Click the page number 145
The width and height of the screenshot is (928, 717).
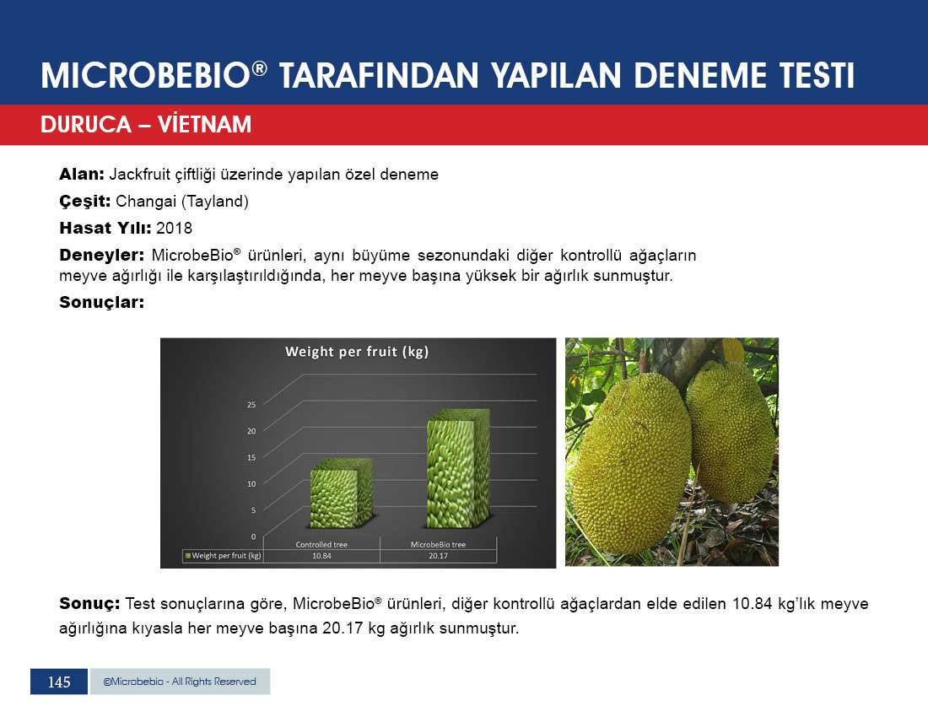tap(59, 682)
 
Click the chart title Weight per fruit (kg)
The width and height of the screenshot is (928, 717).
tap(357, 352)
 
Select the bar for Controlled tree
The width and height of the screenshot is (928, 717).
tap(341, 493)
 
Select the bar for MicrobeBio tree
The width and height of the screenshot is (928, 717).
tap(458, 468)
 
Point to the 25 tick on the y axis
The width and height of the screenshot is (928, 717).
tap(251, 405)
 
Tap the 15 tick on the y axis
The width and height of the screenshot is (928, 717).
tap(251, 457)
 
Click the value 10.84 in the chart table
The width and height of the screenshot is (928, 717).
tap(321, 556)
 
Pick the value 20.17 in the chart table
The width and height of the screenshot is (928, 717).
tap(438, 556)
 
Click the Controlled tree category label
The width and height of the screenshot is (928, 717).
tap(321, 545)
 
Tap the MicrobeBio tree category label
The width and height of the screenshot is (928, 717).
tap(438, 545)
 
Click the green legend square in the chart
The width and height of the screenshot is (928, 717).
tap(187, 556)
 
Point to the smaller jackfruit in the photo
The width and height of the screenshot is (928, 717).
tap(731, 432)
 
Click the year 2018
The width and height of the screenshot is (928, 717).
tap(174, 229)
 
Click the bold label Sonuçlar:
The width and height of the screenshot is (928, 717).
tap(102, 302)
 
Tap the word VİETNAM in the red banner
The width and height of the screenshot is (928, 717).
tap(204, 124)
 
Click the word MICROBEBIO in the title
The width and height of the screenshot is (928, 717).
tap(146, 76)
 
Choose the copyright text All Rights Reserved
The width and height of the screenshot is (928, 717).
tap(213, 682)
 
